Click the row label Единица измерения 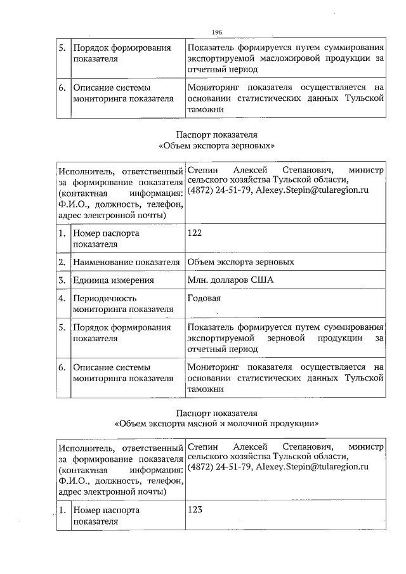click(x=114, y=280)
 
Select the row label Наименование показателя click(x=127, y=262)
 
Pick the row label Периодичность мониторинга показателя click(x=123, y=304)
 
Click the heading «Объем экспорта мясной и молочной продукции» click(x=216, y=422)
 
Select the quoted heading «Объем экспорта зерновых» click(x=216, y=146)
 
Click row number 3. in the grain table click(x=62, y=280)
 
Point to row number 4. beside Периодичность click(x=62, y=298)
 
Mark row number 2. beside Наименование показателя click(x=62, y=262)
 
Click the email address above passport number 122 click(x=312, y=190)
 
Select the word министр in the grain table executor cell click(x=367, y=171)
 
